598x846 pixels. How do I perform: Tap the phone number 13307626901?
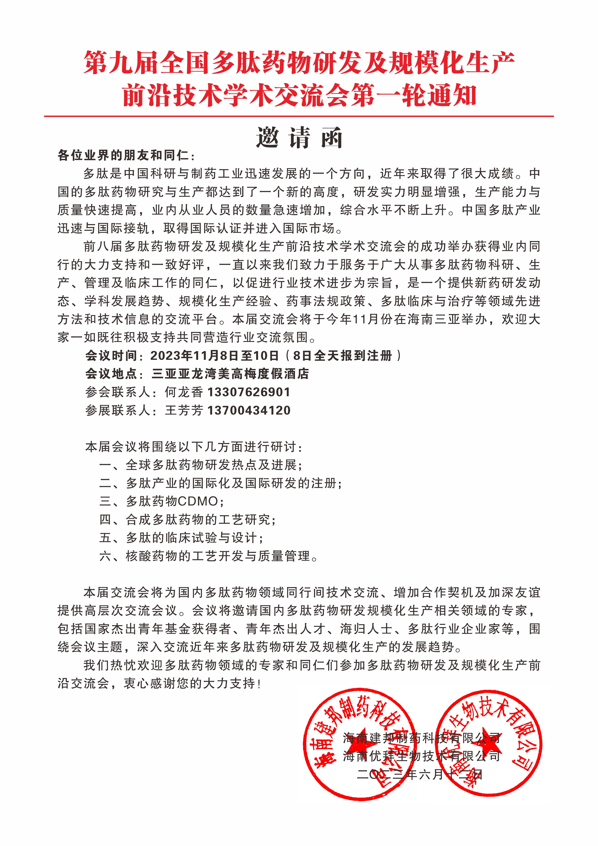[x=249, y=392]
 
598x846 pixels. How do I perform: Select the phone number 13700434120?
[x=249, y=410]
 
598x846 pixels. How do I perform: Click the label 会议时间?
[x=111, y=355]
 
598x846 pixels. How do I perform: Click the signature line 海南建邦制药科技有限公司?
[x=422, y=738]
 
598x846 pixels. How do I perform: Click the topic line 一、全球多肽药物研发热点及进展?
[x=201, y=465]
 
